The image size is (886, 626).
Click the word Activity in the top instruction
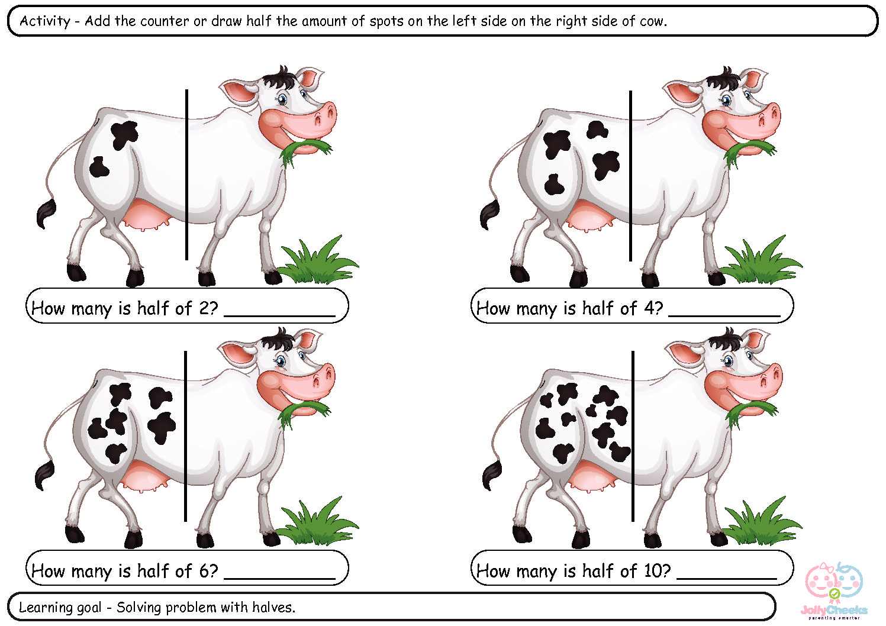click(x=45, y=21)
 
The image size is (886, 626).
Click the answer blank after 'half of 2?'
click(x=279, y=315)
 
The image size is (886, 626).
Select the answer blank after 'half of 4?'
click(x=724, y=315)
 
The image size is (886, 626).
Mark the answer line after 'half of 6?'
click(x=279, y=578)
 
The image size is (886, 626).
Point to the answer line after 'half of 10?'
click(x=727, y=578)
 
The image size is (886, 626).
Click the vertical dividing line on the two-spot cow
click(x=186, y=175)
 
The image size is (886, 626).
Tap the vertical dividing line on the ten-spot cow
click(x=633, y=436)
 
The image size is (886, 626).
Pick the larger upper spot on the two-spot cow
click(x=124, y=134)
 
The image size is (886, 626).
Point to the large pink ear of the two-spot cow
click(x=238, y=92)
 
